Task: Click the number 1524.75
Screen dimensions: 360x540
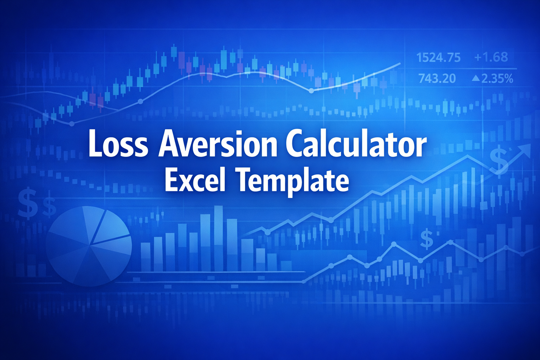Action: point(438,57)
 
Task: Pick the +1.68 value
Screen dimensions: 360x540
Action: point(491,57)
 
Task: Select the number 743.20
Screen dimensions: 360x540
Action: point(437,78)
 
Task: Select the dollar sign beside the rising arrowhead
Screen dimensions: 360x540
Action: point(499,160)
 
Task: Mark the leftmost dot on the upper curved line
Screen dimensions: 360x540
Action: point(72,124)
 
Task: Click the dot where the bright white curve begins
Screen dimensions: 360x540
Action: point(311,91)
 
